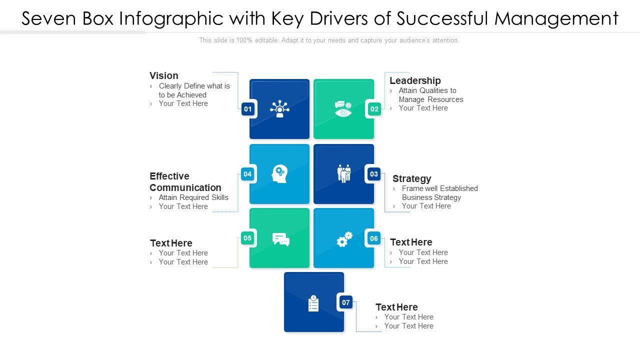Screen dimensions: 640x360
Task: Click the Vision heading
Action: tap(164, 76)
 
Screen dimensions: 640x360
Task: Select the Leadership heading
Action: tap(415, 80)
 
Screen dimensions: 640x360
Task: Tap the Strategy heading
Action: tap(411, 178)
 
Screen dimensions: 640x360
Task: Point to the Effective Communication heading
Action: tap(185, 182)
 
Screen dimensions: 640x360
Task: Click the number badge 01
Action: tap(248, 109)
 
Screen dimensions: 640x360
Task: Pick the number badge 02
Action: tap(374, 109)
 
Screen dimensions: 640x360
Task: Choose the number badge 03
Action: tap(373, 174)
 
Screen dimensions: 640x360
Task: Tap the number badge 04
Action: tap(247, 174)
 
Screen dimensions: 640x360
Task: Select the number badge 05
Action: tap(247, 238)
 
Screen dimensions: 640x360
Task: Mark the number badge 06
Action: tap(374, 238)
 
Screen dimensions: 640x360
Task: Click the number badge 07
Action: tap(346, 302)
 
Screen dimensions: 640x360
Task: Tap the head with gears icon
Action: tap(279, 174)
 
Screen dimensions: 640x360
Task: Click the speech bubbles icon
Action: tap(280, 239)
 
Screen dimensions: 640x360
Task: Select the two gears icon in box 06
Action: tap(344, 239)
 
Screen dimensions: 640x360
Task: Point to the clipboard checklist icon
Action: tap(313, 303)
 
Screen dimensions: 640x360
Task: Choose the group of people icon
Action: tap(344, 173)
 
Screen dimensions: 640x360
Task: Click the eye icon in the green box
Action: tap(343, 109)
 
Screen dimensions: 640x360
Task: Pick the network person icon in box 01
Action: tap(279, 109)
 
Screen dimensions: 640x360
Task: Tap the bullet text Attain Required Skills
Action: tap(193, 197)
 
